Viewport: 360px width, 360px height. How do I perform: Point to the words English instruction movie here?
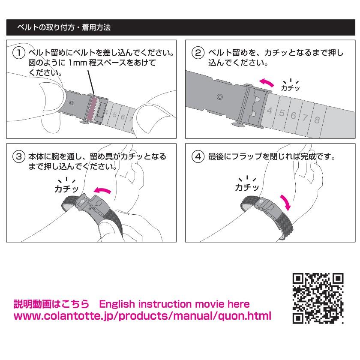(x=174, y=304)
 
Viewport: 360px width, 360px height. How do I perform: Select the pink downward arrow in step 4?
(x=285, y=201)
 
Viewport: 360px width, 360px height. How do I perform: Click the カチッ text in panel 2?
(x=290, y=88)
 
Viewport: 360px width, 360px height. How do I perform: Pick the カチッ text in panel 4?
(x=246, y=187)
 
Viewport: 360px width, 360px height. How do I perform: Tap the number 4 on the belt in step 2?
(x=270, y=110)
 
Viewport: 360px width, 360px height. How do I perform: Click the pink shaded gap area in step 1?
(x=91, y=108)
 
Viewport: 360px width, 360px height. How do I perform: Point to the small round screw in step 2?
(x=219, y=97)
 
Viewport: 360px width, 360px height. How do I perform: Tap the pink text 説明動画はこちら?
(x=51, y=304)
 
